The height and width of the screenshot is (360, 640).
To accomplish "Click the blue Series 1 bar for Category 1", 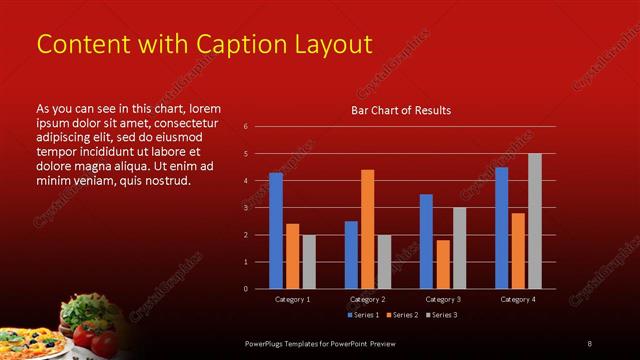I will pyautogui.click(x=276, y=231).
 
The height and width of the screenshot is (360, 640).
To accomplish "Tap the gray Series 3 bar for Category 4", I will pyautogui.click(x=535, y=221).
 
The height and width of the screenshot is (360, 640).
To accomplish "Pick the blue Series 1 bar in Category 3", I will pyautogui.click(x=426, y=241).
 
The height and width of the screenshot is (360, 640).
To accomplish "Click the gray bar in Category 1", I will pyautogui.click(x=309, y=262).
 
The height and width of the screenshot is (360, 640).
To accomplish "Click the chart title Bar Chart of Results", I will pyautogui.click(x=400, y=110).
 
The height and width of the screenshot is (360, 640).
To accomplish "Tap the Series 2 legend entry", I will pyautogui.click(x=403, y=315).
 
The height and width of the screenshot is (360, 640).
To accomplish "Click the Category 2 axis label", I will pyautogui.click(x=367, y=299).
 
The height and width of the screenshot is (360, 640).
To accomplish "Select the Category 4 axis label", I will pyautogui.click(x=518, y=299).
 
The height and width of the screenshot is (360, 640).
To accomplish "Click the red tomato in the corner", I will pyautogui.click(x=84, y=336).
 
